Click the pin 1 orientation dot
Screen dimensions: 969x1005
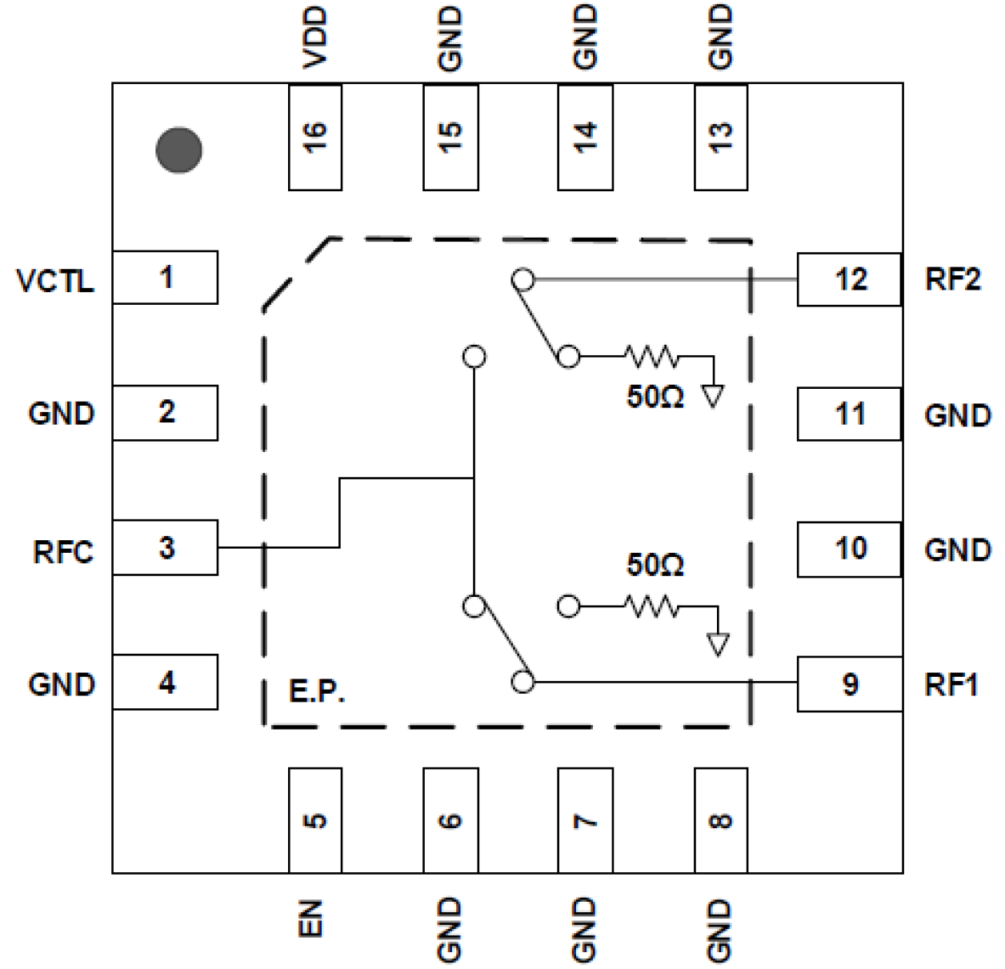click(x=178, y=150)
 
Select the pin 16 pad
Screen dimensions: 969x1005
click(x=314, y=137)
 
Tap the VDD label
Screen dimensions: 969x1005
click(x=315, y=38)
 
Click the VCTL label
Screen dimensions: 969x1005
click(x=55, y=281)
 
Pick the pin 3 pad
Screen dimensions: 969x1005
click(x=165, y=547)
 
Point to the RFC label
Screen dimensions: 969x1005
click(x=62, y=552)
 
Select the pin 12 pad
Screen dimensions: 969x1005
click(x=849, y=279)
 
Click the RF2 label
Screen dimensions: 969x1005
click(x=952, y=279)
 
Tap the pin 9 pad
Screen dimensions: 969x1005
click(x=849, y=684)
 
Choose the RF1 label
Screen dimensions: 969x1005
click(x=951, y=685)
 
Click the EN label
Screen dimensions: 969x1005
click(x=311, y=918)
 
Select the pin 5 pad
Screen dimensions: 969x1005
click(x=314, y=820)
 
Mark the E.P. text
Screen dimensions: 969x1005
click(x=317, y=691)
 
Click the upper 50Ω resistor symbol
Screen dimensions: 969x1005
click(x=651, y=356)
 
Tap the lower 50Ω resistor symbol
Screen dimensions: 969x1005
click(x=651, y=607)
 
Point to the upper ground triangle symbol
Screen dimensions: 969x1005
click(x=712, y=395)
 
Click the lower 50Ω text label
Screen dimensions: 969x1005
click(x=655, y=565)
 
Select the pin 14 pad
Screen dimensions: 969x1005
click(x=585, y=137)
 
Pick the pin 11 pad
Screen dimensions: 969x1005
click(x=849, y=414)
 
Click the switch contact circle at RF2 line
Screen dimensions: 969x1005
click(x=523, y=280)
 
